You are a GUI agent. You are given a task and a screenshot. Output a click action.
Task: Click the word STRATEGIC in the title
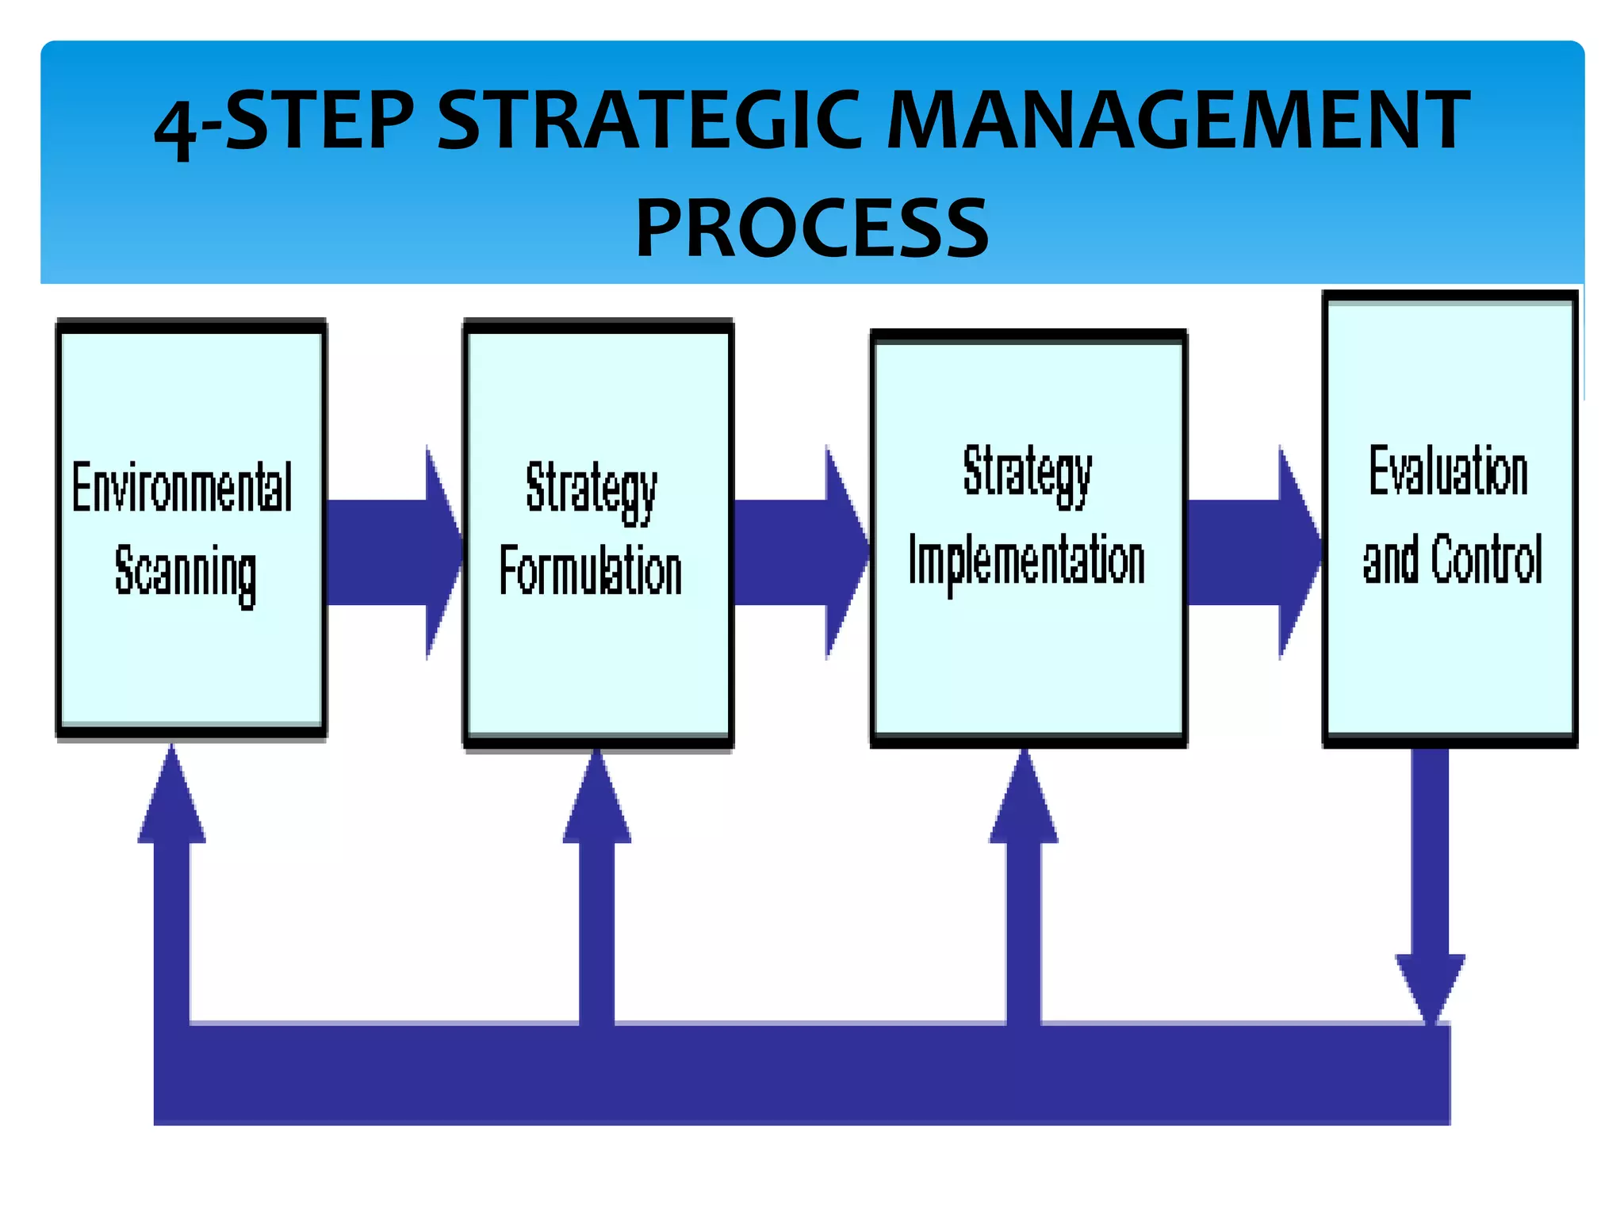[x=649, y=121]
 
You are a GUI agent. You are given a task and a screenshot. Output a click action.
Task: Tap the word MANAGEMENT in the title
[x=1178, y=121]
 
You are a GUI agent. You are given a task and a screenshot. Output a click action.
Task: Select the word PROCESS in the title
[x=812, y=229]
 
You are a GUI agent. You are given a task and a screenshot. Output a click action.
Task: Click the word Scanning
[x=186, y=573]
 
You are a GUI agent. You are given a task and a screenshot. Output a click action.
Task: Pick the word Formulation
[x=591, y=571]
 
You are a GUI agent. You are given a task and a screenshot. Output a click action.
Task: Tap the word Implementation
[x=1027, y=561]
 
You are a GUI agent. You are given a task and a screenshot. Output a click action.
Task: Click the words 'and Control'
[x=1452, y=559]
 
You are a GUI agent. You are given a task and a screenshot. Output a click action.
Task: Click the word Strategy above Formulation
[x=592, y=488]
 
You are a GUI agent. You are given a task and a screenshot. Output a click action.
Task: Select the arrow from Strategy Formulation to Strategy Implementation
[x=801, y=552]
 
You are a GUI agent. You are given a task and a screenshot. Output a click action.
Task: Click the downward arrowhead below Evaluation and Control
[x=1430, y=983]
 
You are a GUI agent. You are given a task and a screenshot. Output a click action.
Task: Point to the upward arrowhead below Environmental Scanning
[x=172, y=801]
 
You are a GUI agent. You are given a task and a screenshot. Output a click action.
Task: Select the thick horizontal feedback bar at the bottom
[x=801, y=1074]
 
